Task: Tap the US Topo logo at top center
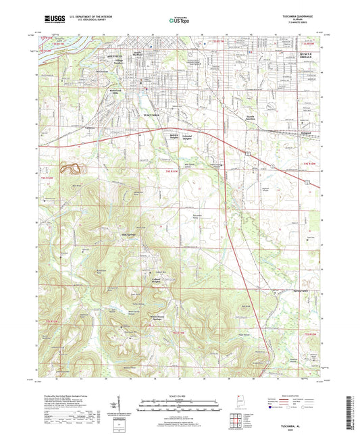178,20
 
